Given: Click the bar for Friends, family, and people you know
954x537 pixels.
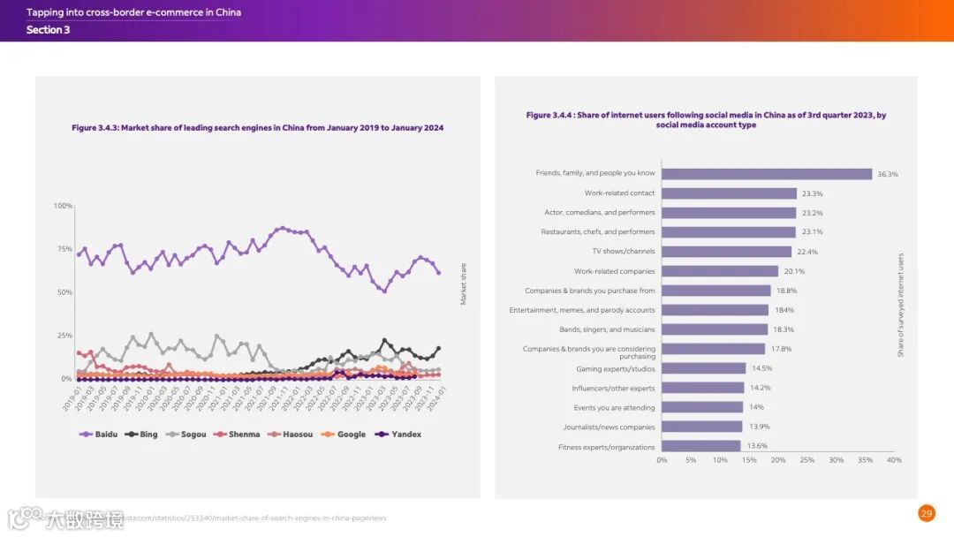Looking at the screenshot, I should [767, 174].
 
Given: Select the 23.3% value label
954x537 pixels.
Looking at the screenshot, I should [811, 193].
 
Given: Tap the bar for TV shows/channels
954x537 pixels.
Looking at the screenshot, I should [726, 252].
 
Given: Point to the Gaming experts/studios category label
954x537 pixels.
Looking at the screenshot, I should [616, 368].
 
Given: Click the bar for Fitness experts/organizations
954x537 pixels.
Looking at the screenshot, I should [701, 447].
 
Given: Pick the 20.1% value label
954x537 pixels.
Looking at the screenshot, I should [794, 271].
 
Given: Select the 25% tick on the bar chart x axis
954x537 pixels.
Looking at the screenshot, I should [806, 460].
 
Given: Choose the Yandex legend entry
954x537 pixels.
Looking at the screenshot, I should [398, 435].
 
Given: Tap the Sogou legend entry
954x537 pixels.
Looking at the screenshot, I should [187, 435].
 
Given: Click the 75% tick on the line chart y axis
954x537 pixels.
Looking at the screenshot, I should [64, 249].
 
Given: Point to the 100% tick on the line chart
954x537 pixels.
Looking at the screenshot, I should [64, 206].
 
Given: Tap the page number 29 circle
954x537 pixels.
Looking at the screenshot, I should [926, 513].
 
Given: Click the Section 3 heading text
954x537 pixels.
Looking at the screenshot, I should [48, 30].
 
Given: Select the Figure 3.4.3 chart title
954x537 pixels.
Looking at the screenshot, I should [257, 128].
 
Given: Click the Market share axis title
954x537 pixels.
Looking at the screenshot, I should [463, 284].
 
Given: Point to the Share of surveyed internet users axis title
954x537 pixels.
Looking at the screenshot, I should [901, 305].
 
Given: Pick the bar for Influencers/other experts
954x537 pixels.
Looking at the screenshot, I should [703, 388].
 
